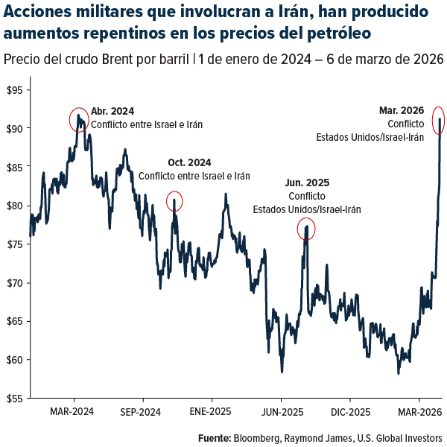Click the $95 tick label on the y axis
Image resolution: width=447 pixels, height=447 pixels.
[x=14, y=90]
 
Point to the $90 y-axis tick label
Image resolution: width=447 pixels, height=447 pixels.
[x=14, y=128]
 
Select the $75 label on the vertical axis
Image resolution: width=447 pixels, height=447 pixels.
[x=14, y=244]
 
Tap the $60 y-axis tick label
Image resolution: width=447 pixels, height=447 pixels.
[x=14, y=360]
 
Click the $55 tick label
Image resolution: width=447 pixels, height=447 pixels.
[x=14, y=399]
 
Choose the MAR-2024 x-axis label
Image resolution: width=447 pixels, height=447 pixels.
[x=72, y=411]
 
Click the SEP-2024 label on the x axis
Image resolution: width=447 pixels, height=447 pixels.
[x=140, y=411]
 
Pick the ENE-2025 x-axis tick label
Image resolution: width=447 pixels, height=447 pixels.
[x=210, y=411]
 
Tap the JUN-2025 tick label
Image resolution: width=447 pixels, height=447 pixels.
[x=281, y=411]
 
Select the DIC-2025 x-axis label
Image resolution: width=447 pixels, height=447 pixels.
[x=350, y=411]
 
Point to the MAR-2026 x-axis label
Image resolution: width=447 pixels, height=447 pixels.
[x=418, y=411]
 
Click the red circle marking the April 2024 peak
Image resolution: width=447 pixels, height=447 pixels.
[x=79, y=119]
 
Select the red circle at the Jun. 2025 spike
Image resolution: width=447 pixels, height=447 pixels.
[x=306, y=229]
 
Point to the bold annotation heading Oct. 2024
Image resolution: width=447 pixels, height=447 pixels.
[x=189, y=162]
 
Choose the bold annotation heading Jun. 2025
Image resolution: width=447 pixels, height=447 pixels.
[x=307, y=182]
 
